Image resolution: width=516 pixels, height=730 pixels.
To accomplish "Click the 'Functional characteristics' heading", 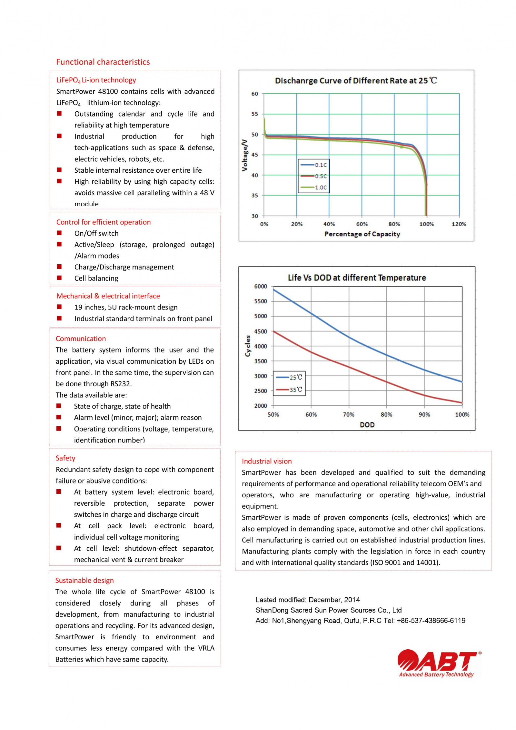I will (103, 62).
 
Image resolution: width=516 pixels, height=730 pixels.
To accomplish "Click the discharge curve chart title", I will (355, 81).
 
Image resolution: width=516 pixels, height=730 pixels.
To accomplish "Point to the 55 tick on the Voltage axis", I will (255, 114).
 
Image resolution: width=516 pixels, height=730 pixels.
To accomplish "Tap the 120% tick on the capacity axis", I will (459, 224).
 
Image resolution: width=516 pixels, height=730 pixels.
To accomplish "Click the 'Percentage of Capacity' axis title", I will (362, 234).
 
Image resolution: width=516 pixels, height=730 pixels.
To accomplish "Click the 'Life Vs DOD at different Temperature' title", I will (357, 278).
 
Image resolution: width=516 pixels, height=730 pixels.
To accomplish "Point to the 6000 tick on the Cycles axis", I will (260, 286).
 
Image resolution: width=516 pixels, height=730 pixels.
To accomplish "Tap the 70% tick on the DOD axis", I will (349, 414).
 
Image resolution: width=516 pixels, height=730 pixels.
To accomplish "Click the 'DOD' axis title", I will (367, 425).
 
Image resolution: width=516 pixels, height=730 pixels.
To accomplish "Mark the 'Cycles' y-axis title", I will (248, 346).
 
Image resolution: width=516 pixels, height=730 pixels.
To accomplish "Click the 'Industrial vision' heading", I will (267, 461).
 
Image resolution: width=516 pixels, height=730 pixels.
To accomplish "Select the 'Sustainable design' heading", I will (84, 580).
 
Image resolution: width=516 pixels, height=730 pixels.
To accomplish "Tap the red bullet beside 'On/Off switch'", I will (59, 233).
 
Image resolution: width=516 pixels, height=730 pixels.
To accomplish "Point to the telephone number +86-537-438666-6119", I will (431, 621).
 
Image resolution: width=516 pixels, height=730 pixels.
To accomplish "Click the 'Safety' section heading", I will (65, 458).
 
